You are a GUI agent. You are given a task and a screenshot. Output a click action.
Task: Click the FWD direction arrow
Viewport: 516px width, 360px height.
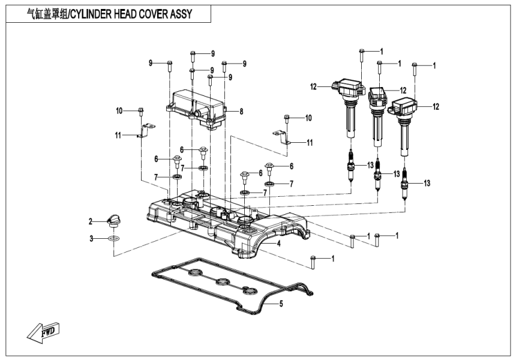click(43, 331)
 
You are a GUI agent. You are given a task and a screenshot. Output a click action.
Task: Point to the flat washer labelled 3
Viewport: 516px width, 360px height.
click(113, 239)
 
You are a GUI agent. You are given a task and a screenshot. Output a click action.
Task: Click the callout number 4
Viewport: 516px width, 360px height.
click(278, 244)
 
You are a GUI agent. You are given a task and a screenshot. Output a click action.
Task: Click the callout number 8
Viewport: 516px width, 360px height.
click(241, 111)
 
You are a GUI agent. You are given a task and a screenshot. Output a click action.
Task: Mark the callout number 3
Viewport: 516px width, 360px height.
click(92, 239)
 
